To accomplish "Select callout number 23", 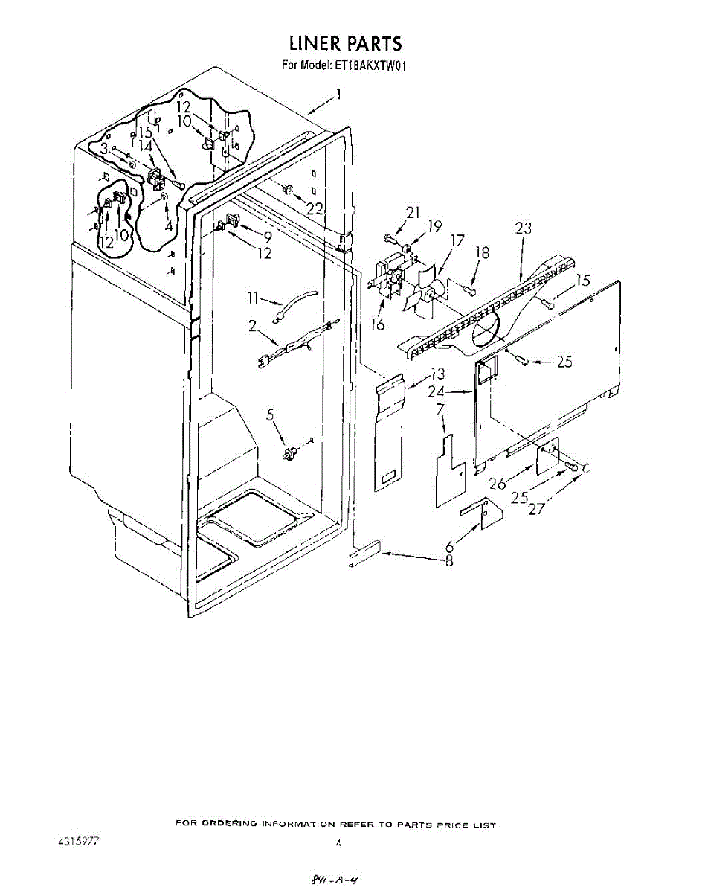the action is tap(523, 229).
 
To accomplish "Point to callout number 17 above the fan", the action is tap(457, 241).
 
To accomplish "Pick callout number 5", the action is tap(270, 414).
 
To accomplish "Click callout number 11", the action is tap(253, 299).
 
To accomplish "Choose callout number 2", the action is tap(253, 324).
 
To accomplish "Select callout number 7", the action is tap(440, 409).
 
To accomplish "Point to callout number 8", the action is tap(449, 563).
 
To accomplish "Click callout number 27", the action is tap(536, 509).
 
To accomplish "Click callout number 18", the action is tap(482, 253).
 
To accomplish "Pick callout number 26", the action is tap(498, 484).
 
